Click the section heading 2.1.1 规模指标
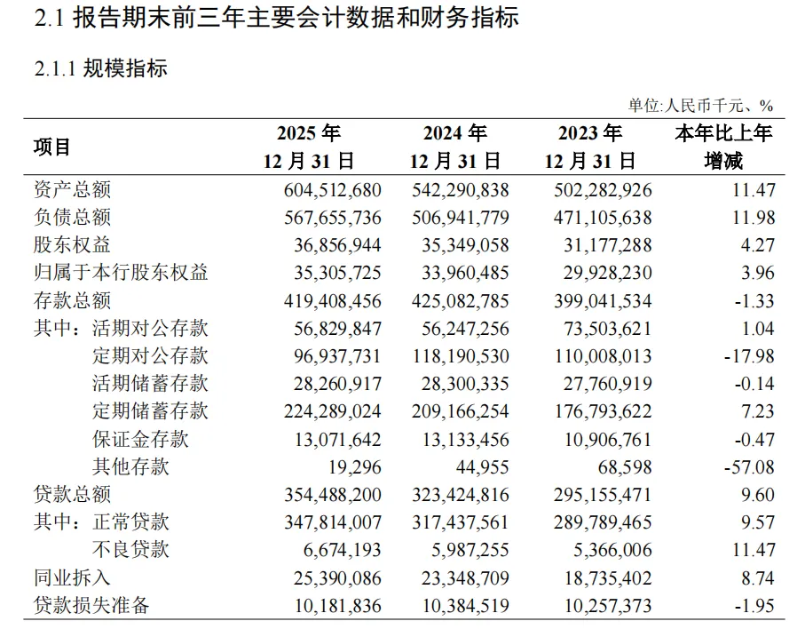pos(100,68)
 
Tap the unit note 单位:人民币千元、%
pos(701,106)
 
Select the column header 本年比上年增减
pos(723,147)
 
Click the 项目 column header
pos(51,147)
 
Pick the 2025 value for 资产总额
pos(332,190)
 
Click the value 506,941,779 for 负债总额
pos(460,218)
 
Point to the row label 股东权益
pos(72,245)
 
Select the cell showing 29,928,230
pos(607,273)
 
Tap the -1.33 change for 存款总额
pos(754,301)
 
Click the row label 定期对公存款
pos(150,356)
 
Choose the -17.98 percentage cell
pos(749,356)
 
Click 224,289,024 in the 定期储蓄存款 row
pos(332,411)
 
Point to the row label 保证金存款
pos(140,439)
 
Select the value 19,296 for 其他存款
pos(355,467)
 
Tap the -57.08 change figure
pos(749,467)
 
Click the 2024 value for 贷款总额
pos(460,495)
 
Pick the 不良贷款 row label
pos(130,550)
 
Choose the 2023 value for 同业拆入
pos(608,578)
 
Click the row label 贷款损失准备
pos(91,606)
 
